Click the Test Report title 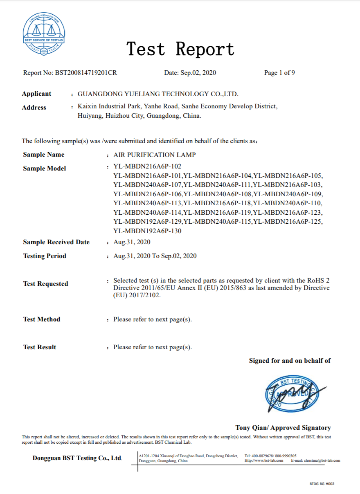180,49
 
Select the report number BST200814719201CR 85,73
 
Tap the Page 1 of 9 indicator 279,73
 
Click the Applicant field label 36,94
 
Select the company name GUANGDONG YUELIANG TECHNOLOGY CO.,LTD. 157,94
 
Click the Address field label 34,108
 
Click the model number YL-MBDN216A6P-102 147,166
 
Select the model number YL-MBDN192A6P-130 147,231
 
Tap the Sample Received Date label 56,242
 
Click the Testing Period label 45,256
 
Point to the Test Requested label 45,284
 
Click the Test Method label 42,319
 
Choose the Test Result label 40,347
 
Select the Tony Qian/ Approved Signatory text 283,428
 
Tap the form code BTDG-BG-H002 322,484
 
